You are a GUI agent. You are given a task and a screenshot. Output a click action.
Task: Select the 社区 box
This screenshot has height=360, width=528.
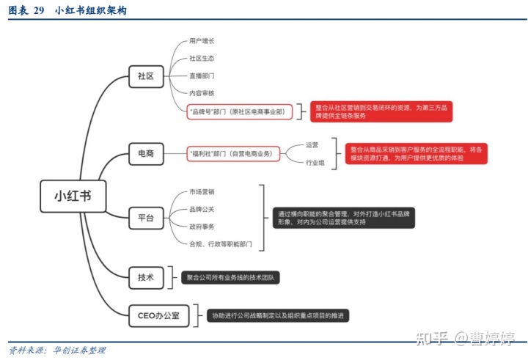pyautogui.click(x=145, y=76)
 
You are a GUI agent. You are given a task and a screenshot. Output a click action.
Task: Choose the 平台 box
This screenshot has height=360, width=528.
pyautogui.click(x=145, y=218)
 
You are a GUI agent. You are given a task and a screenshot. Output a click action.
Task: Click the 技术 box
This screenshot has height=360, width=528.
pyautogui.click(x=145, y=277)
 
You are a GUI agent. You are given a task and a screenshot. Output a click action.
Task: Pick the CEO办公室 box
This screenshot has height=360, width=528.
pyautogui.click(x=158, y=315)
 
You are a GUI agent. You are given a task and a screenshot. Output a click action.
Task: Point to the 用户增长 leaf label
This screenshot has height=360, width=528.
pyautogui.click(x=202, y=41)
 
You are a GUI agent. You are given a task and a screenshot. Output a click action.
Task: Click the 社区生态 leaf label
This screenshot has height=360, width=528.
pyautogui.click(x=202, y=58)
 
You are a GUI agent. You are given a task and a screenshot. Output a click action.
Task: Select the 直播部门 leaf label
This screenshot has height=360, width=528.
pyautogui.click(x=202, y=76)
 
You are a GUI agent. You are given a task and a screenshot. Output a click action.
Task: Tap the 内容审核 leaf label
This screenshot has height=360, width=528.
pyautogui.click(x=202, y=93)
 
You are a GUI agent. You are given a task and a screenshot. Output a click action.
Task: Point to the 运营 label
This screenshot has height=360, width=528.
pyautogui.click(x=312, y=144)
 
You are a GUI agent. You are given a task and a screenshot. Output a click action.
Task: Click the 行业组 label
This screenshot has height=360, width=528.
pyautogui.click(x=315, y=162)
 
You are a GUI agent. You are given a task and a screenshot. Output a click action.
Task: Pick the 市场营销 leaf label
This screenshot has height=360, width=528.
pyautogui.click(x=202, y=191)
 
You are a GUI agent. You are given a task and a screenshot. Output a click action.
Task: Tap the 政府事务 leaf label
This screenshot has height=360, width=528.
pyautogui.click(x=202, y=227)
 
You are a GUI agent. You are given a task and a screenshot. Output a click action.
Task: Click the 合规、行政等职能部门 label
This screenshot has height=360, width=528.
pyautogui.click(x=221, y=243)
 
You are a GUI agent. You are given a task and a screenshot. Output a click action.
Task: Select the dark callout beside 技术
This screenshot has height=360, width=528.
pyautogui.click(x=231, y=278)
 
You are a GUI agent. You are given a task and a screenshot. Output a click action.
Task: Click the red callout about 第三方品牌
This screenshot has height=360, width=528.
pyautogui.click(x=381, y=111)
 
